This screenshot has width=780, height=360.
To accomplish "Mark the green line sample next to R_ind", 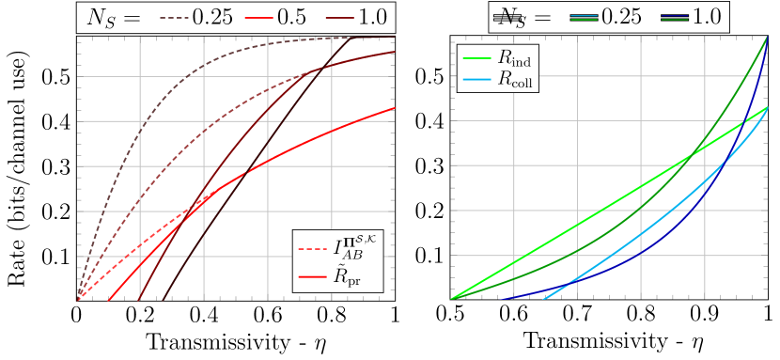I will point(478,57).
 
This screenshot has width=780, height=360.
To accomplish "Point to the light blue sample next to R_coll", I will point(478,79).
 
